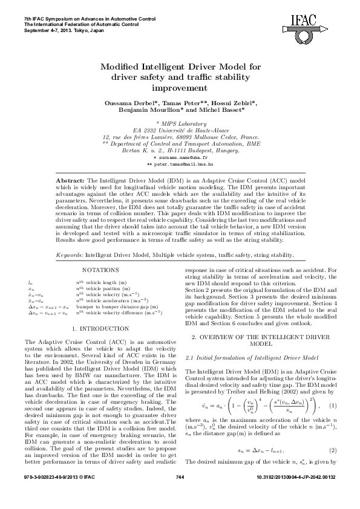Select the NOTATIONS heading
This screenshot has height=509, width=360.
pyautogui.click(x=100, y=270)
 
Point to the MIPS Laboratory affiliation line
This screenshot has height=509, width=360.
pyautogui.click(x=180, y=123)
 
